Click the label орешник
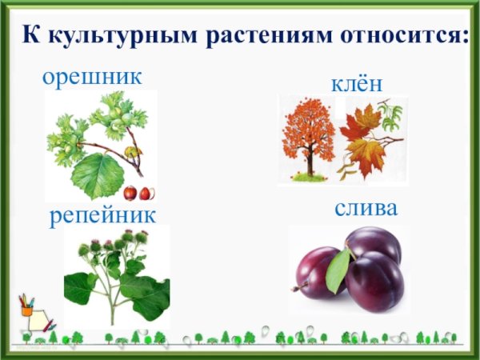coord(92,78)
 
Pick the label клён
coord(357,83)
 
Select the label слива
coord(366,209)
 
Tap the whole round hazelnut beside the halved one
coord(130,193)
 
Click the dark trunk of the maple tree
coord(309,164)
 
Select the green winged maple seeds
coord(390,116)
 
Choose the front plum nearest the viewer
coord(374,282)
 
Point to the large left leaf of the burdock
coord(80,286)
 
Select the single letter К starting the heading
coord(29,36)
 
